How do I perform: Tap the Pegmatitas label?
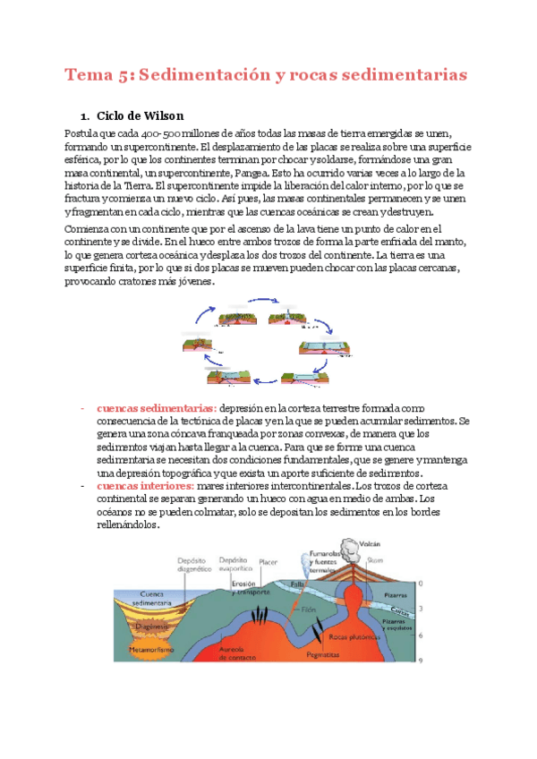point(322,654)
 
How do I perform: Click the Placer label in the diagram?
point(268,563)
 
